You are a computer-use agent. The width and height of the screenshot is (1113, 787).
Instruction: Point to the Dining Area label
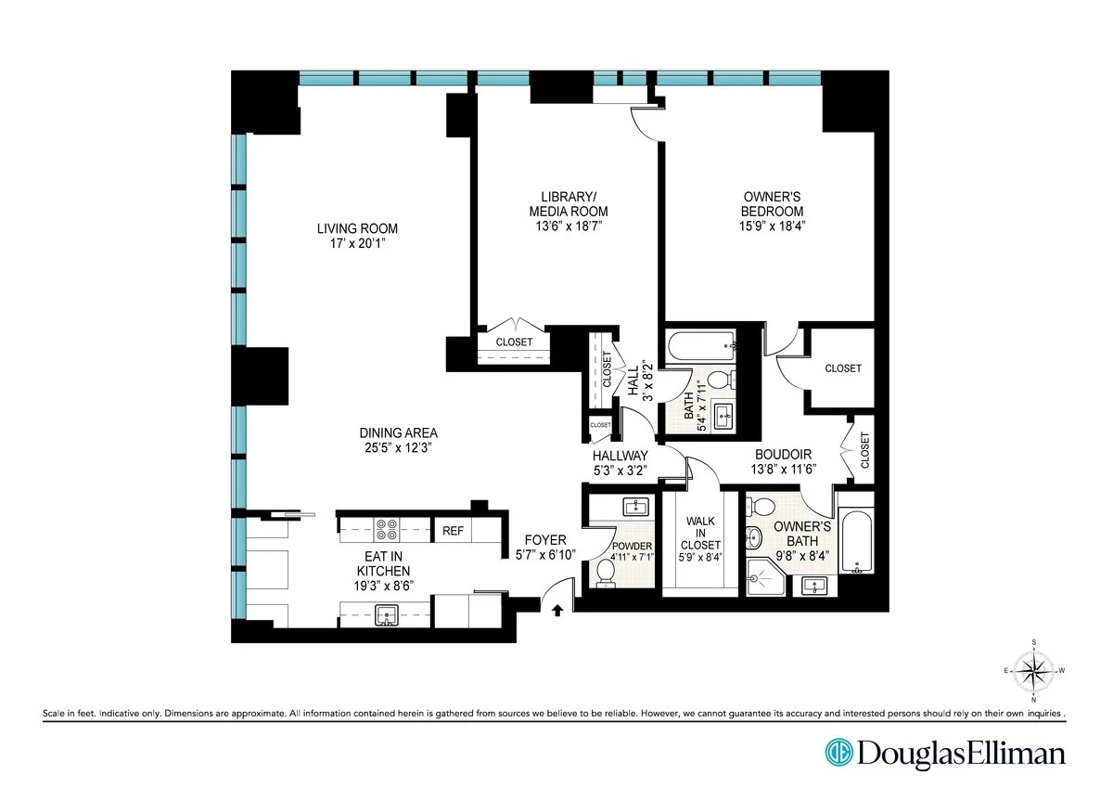tap(398, 432)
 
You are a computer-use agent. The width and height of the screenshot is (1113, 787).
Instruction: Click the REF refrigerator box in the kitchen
tap(453, 531)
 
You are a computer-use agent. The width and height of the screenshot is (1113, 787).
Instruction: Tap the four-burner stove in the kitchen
tap(388, 530)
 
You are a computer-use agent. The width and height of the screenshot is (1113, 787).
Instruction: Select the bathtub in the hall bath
tap(701, 347)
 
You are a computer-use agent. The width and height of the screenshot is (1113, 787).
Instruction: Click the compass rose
tap(1034, 669)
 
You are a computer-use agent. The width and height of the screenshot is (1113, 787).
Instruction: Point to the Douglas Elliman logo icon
tap(839, 753)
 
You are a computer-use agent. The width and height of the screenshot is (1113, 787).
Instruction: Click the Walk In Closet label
tap(699, 534)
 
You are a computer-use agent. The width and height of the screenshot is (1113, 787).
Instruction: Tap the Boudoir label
tap(783, 454)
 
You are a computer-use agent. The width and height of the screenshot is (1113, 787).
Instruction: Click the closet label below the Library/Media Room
tap(514, 342)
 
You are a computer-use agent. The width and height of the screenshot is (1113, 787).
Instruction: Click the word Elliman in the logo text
tap(1015, 753)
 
